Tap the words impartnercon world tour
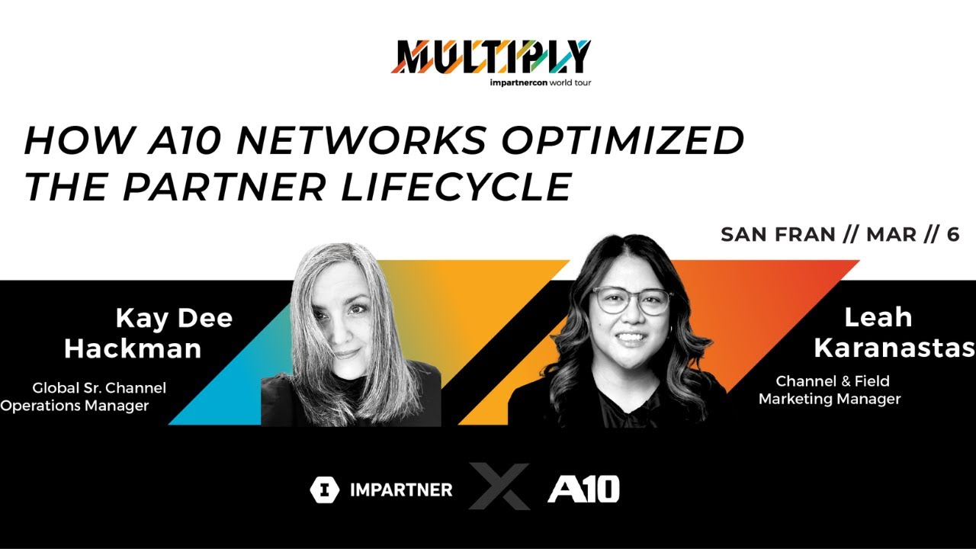pyautogui.click(x=540, y=82)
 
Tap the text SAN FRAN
pyautogui.click(x=778, y=235)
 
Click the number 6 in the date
pyautogui.click(x=952, y=235)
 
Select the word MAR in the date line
pyautogui.click(x=891, y=235)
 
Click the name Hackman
pyautogui.click(x=133, y=348)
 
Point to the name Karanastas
pyautogui.click(x=894, y=348)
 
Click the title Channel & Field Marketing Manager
pyautogui.click(x=831, y=390)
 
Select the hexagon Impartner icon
pyautogui.click(x=324, y=490)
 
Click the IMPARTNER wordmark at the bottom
pyautogui.click(x=400, y=490)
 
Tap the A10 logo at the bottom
pyautogui.click(x=583, y=489)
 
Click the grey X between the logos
pyautogui.click(x=499, y=486)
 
